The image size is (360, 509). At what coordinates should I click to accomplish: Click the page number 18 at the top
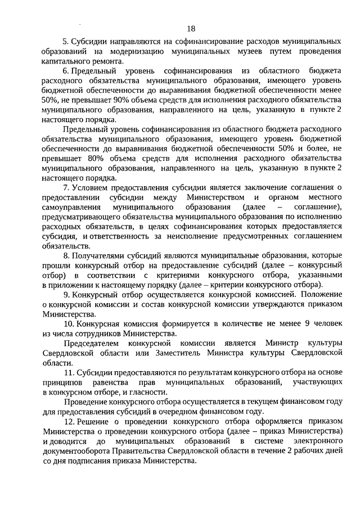[191, 29]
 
